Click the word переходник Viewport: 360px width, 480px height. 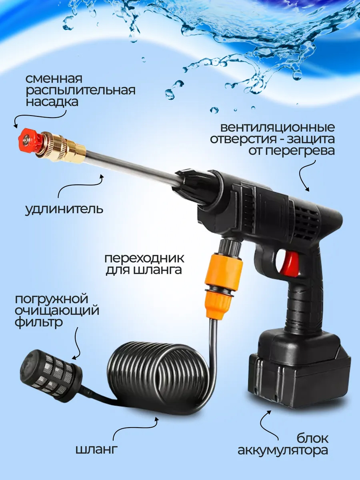click(x=144, y=258)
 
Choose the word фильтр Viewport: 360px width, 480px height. click(x=39, y=322)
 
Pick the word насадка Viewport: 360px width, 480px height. click(x=52, y=102)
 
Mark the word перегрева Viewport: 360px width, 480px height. click(x=300, y=151)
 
